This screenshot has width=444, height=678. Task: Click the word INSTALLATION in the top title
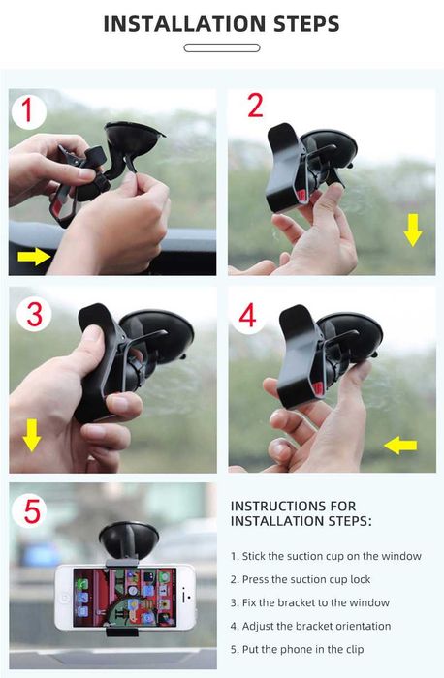tap(185, 24)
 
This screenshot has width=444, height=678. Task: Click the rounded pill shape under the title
tap(222, 48)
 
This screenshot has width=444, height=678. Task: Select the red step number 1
tap(28, 110)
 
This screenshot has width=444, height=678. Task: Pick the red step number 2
tap(255, 106)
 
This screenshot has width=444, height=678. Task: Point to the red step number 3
tap(35, 315)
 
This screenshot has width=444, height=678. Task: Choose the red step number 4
tap(247, 316)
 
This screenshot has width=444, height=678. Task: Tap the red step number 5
tap(32, 511)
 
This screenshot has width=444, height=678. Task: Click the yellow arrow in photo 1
tap(34, 256)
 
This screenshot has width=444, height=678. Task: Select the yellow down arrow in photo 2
tap(413, 231)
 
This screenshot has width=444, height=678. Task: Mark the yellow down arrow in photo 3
tap(32, 435)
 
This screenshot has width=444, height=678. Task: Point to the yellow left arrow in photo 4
tap(400, 445)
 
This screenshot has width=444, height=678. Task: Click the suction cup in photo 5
tap(129, 539)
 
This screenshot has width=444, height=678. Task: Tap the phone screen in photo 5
tap(125, 598)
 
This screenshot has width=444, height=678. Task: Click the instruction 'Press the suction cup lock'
tap(301, 579)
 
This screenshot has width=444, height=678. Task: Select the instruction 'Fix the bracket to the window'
tap(310, 602)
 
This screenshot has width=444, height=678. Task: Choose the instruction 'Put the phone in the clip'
tap(298, 650)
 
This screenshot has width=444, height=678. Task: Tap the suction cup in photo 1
tap(133, 139)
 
